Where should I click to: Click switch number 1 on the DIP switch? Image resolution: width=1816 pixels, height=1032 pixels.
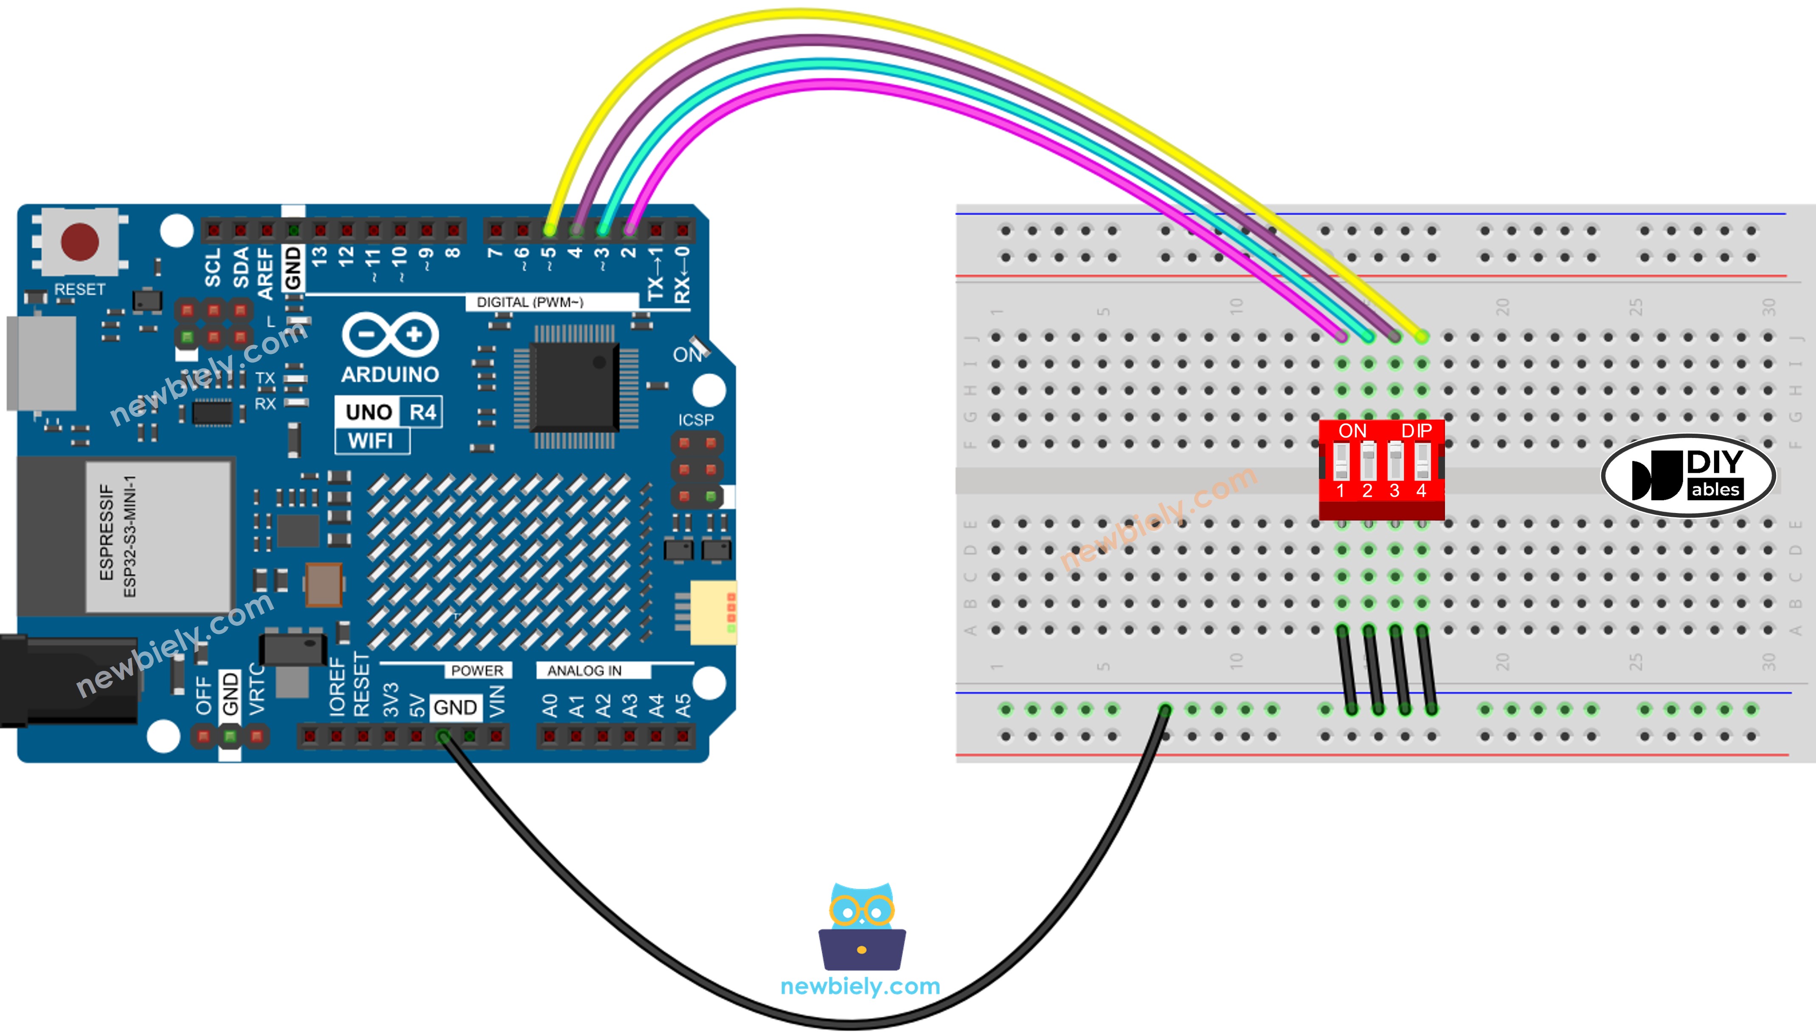coord(1341,461)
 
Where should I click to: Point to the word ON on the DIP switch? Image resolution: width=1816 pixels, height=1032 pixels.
coord(1352,430)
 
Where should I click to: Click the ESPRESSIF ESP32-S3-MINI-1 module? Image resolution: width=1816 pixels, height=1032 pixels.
coord(157,536)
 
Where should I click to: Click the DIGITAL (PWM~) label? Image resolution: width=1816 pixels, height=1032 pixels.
coord(529,302)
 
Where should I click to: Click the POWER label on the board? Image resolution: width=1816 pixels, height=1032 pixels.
coord(477,670)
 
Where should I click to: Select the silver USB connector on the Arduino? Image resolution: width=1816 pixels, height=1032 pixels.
coord(41,363)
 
